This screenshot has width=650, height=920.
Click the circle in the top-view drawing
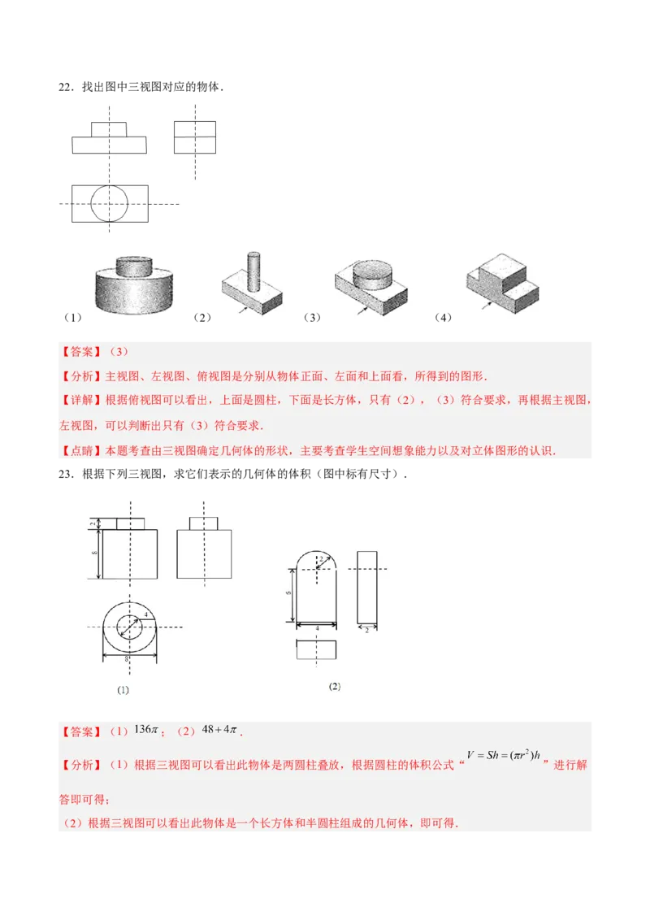(x=110, y=203)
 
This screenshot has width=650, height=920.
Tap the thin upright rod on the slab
(x=253, y=272)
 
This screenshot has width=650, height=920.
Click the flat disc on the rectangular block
(x=375, y=276)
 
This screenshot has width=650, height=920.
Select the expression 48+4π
(x=219, y=730)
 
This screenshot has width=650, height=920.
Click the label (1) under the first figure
(x=123, y=690)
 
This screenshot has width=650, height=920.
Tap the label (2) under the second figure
(x=335, y=687)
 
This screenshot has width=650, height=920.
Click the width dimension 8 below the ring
(x=128, y=659)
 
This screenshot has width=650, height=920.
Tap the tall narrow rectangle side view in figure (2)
(x=367, y=587)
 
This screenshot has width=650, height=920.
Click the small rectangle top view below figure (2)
(x=316, y=652)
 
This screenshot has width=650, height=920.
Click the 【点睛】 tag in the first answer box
(x=76, y=450)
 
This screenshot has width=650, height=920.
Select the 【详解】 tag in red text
(x=76, y=401)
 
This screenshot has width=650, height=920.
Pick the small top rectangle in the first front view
(x=109, y=129)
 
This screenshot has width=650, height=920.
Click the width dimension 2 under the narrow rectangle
(x=367, y=631)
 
